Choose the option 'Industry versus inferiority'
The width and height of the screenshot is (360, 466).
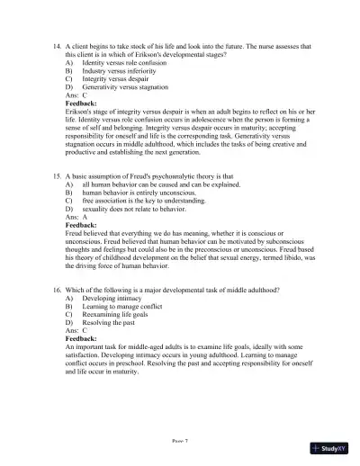116,74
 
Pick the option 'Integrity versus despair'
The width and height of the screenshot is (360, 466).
112,83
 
